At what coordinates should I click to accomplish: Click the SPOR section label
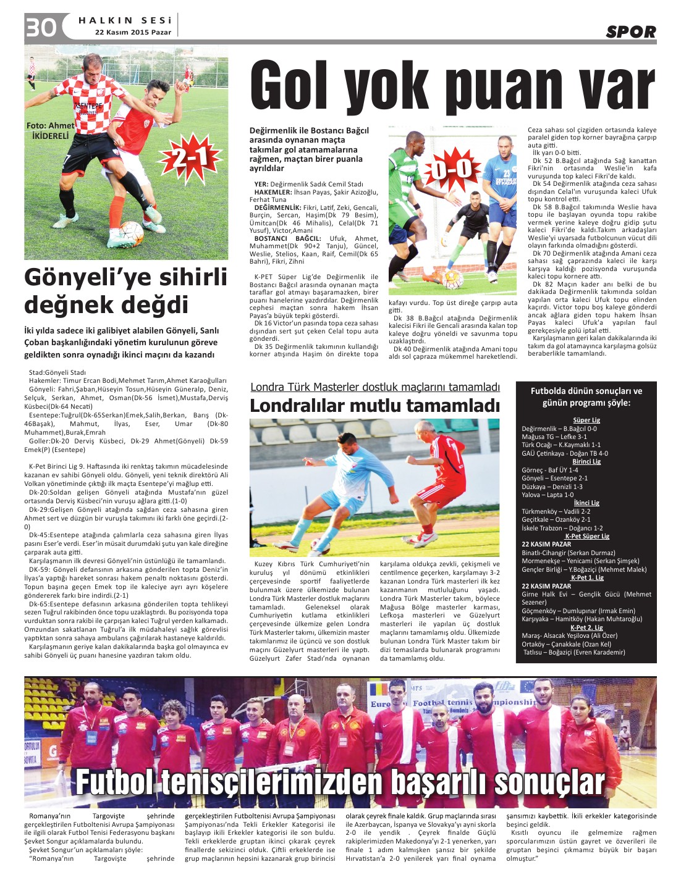[x=630, y=31]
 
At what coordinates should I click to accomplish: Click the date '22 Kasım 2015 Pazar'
[x=133, y=32]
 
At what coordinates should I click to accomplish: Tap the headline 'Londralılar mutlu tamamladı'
[x=374, y=406]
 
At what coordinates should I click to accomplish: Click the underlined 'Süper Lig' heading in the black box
[x=586, y=420]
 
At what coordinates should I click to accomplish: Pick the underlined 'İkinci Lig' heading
[x=586, y=503]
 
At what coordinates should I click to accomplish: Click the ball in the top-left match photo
[x=132, y=233]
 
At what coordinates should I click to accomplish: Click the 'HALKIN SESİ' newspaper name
[x=125, y=20]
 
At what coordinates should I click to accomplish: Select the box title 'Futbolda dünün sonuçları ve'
[x=586, y=391]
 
